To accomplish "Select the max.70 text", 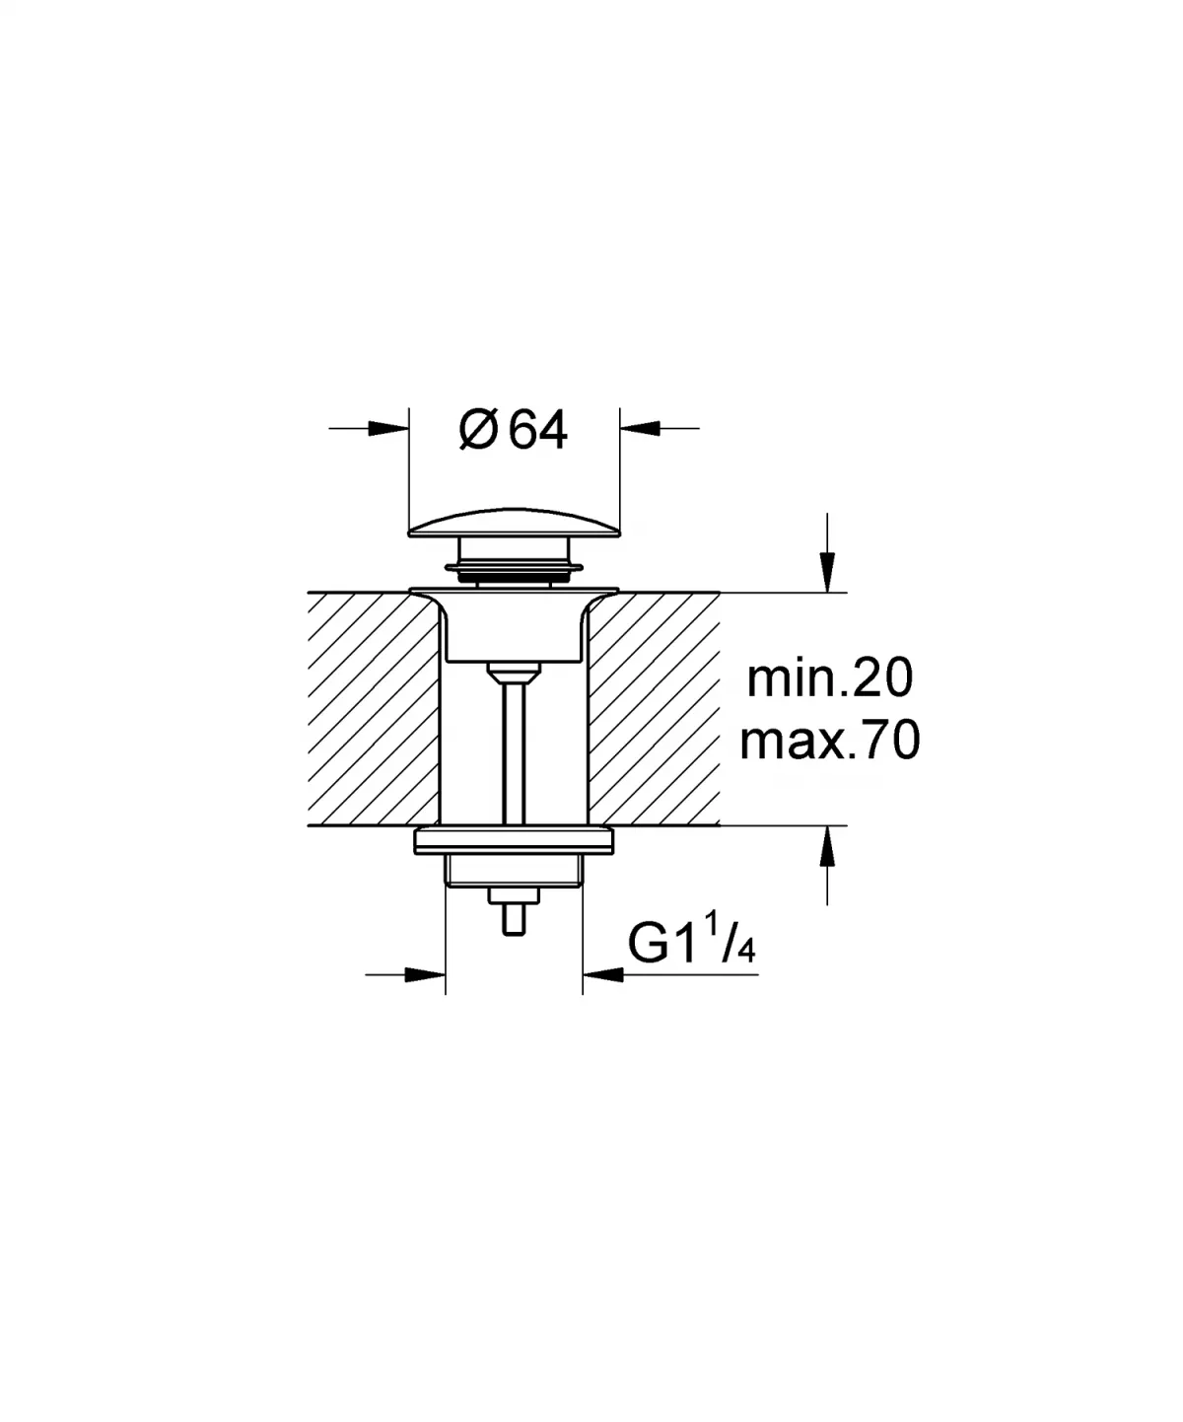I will [x=830, y=741].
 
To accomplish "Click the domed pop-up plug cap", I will [x=514, y=522].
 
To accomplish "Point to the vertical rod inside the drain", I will [x=514, y=749].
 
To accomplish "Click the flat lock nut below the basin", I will [x=514, y=841].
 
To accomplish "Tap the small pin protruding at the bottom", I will [x=514, y=917].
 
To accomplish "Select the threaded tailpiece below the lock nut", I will [x=514, y=871].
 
